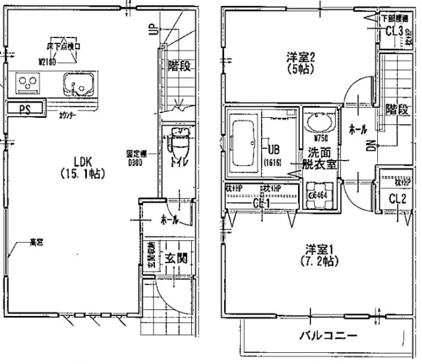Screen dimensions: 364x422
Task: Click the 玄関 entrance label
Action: coord(175,258)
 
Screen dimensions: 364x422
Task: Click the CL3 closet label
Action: coord(394,31)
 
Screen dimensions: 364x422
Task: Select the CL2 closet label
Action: coord(396,198)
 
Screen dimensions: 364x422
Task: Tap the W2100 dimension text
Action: coord(50,62)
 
